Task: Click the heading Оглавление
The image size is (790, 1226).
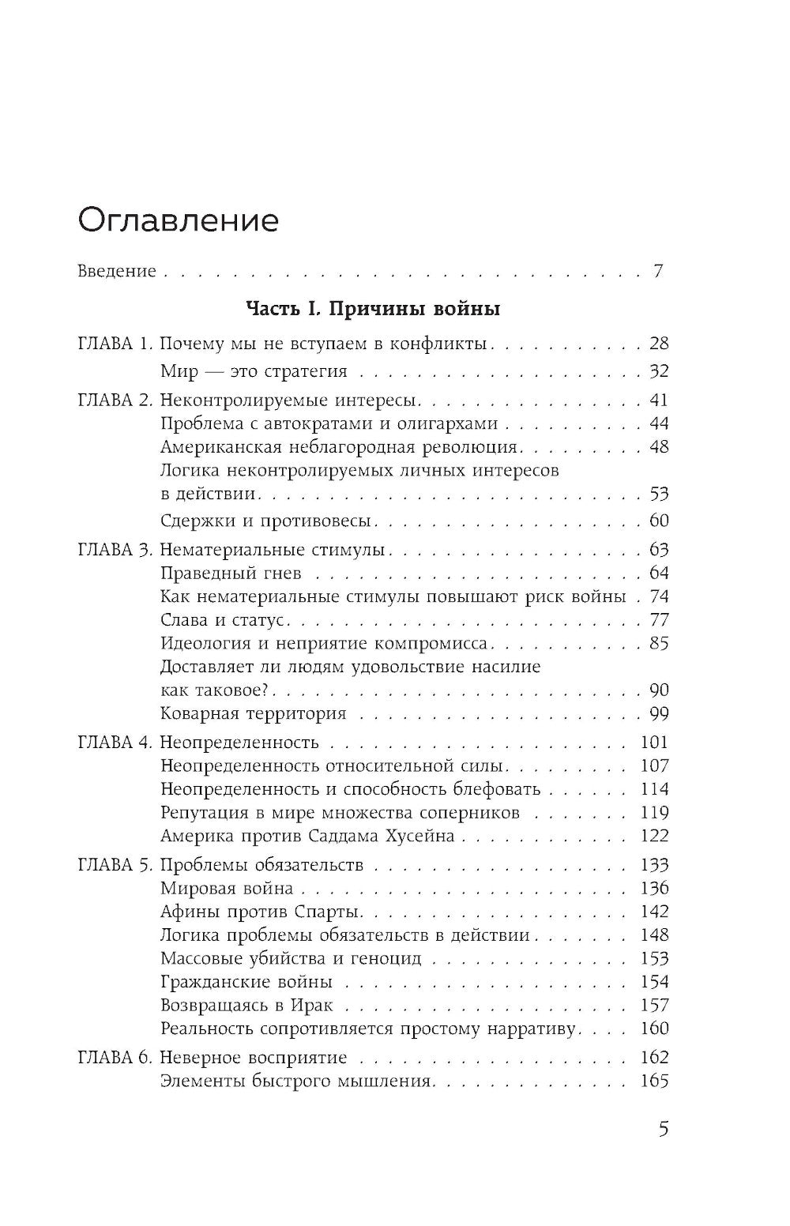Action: coord(178,220)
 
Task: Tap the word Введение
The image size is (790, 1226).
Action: coord(117,272)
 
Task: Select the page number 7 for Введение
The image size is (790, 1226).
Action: coord(657,272)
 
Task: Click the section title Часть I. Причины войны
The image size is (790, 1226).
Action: coord(373,309)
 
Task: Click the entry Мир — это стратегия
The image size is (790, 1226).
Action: coord(253,372)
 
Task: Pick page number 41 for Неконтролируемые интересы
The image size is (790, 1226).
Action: coord(658,401)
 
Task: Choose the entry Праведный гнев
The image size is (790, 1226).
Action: coord(231,574)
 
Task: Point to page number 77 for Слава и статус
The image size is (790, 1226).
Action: coord(658,620)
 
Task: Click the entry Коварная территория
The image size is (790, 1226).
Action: coord(253,714)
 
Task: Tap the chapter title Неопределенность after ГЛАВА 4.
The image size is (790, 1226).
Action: coord(239,743)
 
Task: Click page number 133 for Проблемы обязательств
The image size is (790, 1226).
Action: coord(654,865)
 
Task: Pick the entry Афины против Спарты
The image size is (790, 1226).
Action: coord(261,912)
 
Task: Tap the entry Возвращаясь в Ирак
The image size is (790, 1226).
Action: coord(246,1006)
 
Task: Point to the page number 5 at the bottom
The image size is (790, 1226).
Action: coord(663,1129)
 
